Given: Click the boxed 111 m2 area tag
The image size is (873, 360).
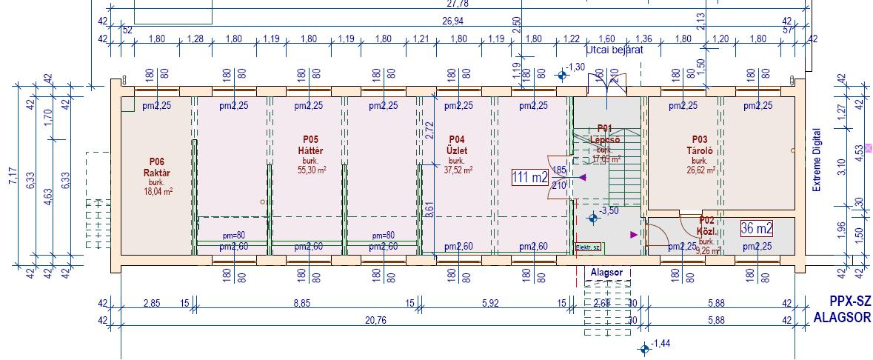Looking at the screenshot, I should point(529,177).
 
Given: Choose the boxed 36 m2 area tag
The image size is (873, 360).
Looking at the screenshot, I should point(757,228).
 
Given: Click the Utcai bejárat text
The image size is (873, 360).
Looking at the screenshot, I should point(614,50).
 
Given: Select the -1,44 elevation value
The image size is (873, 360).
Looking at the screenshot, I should point(660,344).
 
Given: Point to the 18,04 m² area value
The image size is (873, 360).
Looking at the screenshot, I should point(158,191).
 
